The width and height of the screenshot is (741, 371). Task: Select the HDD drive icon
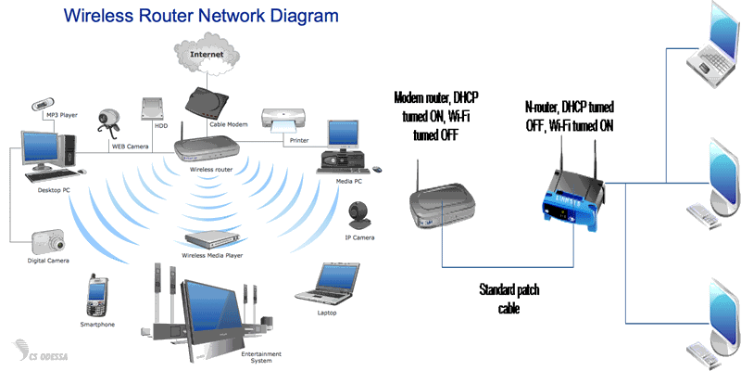[x=153, y=109]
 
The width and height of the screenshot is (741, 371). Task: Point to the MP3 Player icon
[x=43, y=106]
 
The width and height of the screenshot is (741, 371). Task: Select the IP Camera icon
[x=359, y=218]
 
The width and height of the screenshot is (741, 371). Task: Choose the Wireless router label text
[x=209, y=171]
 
